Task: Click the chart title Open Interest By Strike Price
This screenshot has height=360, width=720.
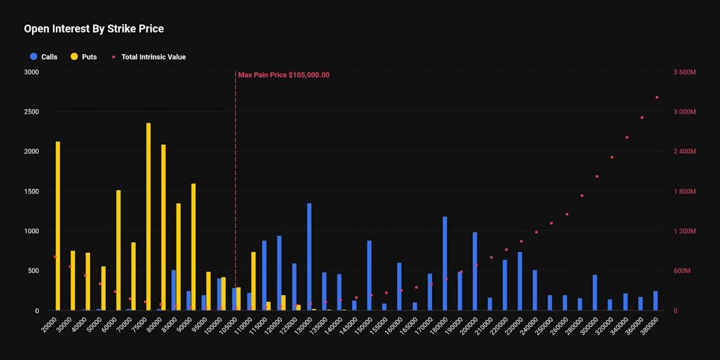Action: (94, 29)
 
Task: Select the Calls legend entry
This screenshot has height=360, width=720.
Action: (49, 57)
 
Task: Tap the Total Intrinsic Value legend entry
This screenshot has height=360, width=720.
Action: (153, 57)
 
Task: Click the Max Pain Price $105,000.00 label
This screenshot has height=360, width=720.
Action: (284, 75)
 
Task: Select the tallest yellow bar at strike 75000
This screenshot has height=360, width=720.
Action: (148, 217)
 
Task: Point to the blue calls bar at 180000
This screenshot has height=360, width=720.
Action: (445, 263)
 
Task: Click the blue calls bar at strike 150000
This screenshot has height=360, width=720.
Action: (369, 275)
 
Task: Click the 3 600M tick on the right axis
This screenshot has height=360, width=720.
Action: (684, 72)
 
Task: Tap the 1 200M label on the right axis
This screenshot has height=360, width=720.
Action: (684, 232)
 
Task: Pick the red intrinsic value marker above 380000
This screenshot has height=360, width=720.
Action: (657, 97)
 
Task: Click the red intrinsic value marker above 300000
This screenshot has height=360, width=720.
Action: (596, 176)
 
